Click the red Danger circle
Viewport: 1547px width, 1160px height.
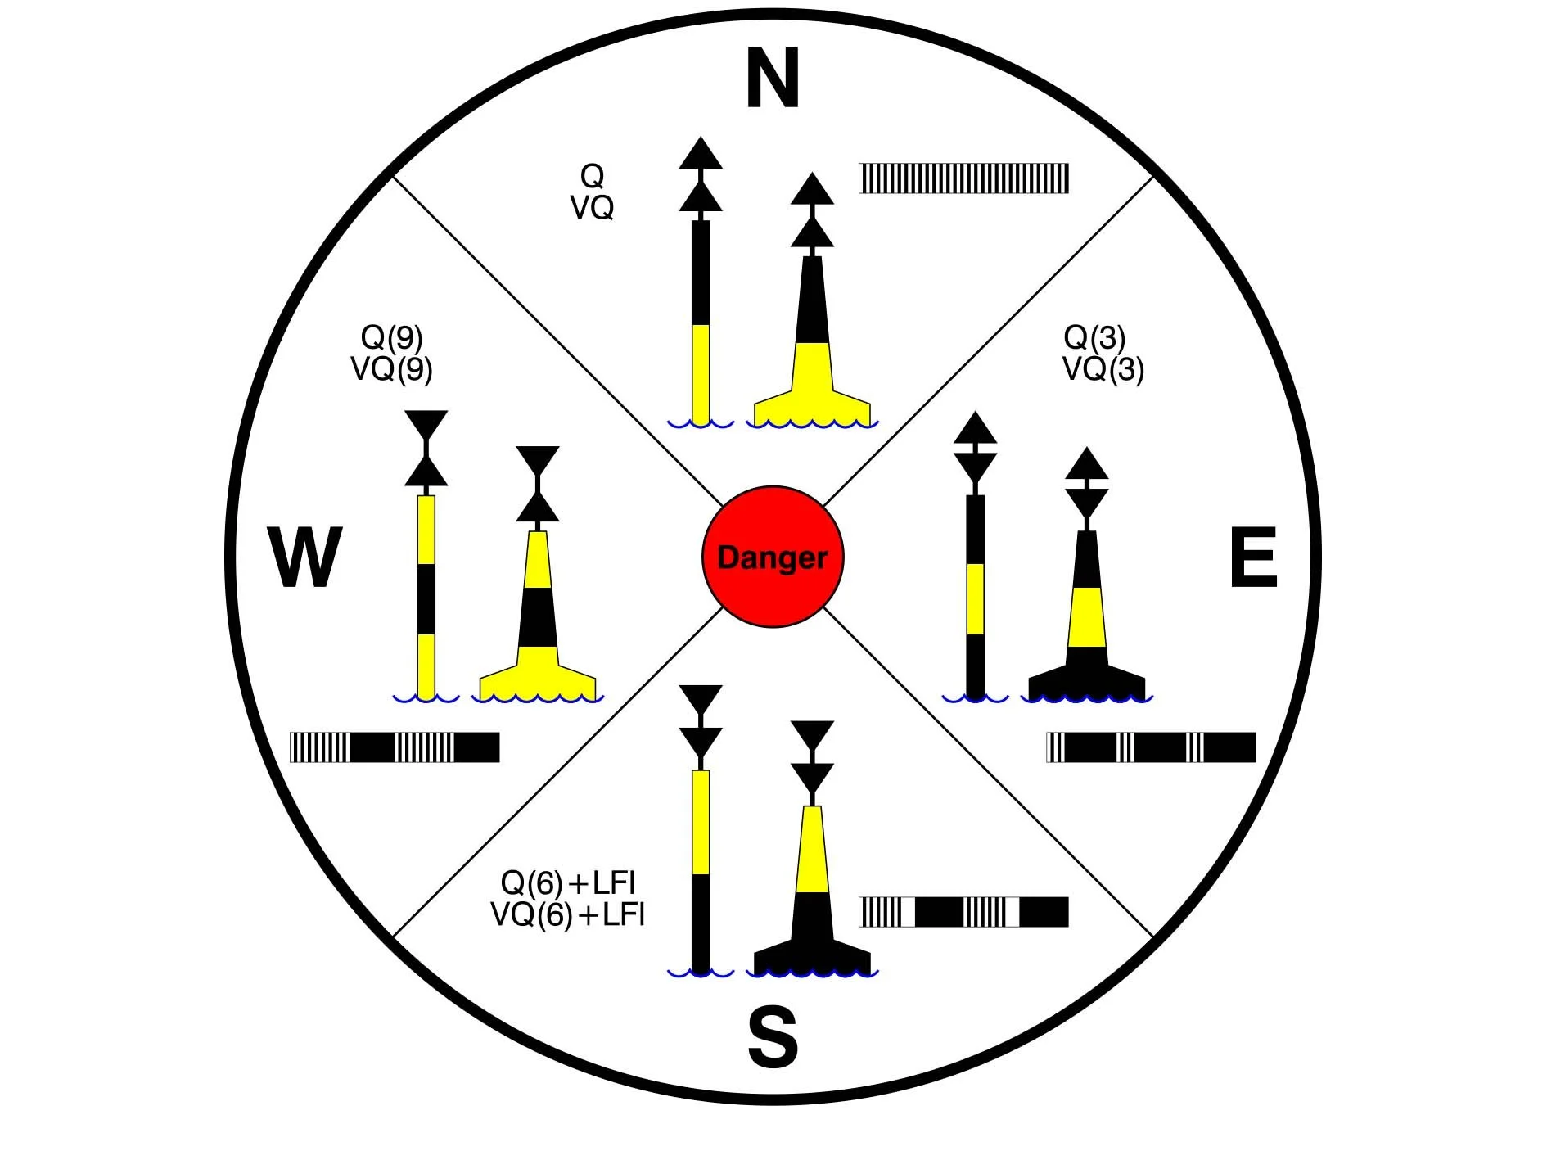pyautogui.click(x=772, y=557)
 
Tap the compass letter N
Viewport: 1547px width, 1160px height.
pyautogui.click(x=773, y=79)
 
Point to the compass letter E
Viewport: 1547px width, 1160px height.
pyautogui.click(x=1253, y=557)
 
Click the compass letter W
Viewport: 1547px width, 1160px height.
pyautogui.click(x=304, y=557)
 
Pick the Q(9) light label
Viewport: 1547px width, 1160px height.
pyautogui.click(x=391, y=337)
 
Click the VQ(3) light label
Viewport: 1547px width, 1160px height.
pyautogui.click(x=1103, y=369)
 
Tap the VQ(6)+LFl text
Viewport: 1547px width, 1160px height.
pyautogui.click(x=567, y=914)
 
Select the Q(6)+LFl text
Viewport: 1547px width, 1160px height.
pyautogui.click(x=567, y=883)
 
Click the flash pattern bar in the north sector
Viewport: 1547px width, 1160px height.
pyautogui.click(x=963, y=178)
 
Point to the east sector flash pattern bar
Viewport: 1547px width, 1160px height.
pyautogui.click(x=1151, y=747)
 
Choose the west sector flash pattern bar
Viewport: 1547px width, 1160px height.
pyautogui.click(x=395, y=747)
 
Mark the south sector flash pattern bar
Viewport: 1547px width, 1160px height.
pyautogui.click(x=963, y=912)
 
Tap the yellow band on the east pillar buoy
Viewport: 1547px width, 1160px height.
pyautogui.click(x=975, y=598)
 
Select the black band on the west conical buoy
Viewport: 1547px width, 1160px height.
pyautogui.click(x=538, y=616)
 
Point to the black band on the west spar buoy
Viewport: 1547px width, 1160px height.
pyautogui.click(x=426, y=598)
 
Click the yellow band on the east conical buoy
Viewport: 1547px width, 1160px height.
pyautogui.click(x=1087, y=616)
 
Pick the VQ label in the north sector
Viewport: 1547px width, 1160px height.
pyautogui.click(x=592, y=208)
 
